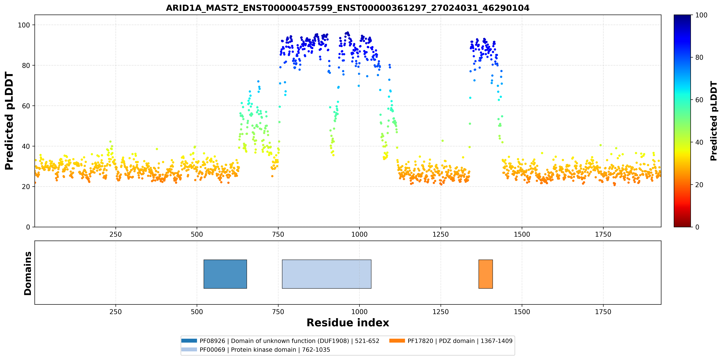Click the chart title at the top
coord(347,8)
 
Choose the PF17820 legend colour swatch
coord(397,341)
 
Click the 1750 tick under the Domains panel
coord(603,312)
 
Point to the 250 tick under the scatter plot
coord(116,234)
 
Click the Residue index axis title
coord(348,323)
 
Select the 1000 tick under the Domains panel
coord(359,312)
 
